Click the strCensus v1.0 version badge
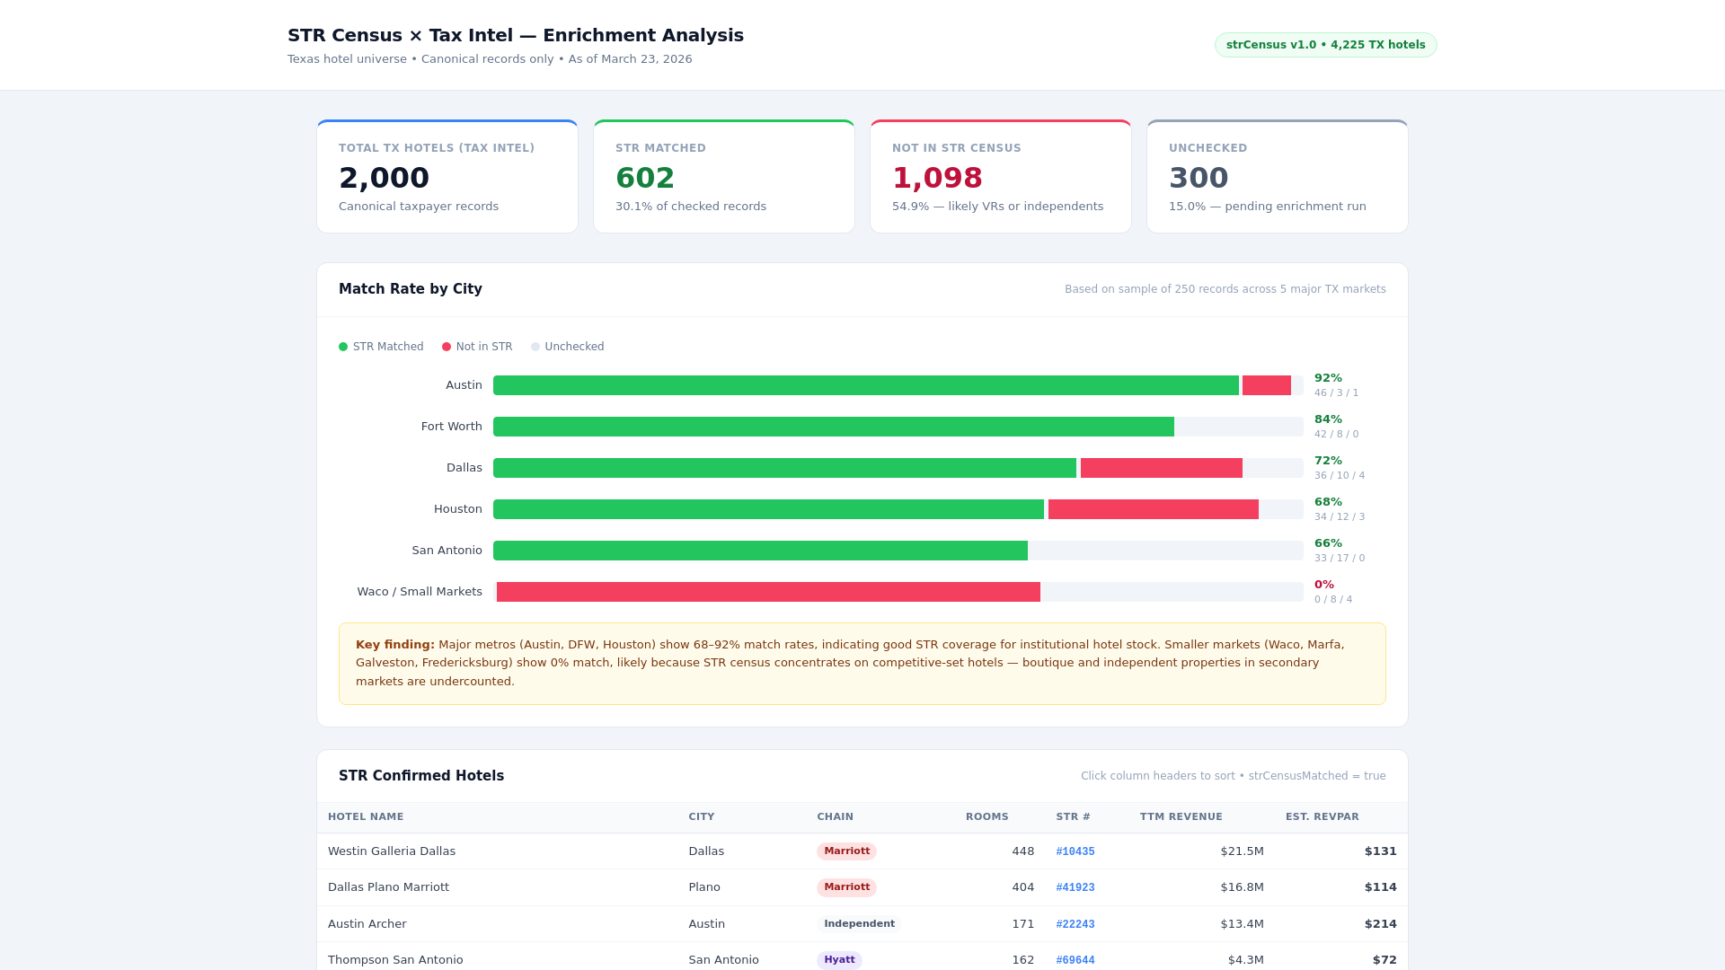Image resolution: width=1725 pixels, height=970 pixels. click(x=1325, y=45)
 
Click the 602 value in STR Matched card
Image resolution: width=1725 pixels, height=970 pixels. click(x=644, y=178)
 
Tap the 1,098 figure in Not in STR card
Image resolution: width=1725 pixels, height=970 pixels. click(x=937, y=178)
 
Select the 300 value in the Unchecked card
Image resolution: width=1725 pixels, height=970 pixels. click(x=1198, y=178)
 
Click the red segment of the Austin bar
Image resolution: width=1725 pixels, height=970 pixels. click(x=1266, y=385)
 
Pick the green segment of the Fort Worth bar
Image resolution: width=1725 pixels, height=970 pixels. click(x=833, y=427)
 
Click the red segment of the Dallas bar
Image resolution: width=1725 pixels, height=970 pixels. click(x=1161, y=468)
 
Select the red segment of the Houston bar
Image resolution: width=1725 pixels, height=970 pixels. click(x=1153, y=509)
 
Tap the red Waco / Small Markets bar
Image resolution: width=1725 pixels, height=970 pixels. click(x=768, y=592)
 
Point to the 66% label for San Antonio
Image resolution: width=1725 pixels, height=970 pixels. click(x=1328, y=543)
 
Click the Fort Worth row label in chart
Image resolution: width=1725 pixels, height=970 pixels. click(x=451, y=427)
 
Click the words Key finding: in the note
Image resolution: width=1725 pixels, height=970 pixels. click(x=394, y=645)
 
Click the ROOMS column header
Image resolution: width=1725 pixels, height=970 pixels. click(x=986, y=816)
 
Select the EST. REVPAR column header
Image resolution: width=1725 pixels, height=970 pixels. click(x=1322, y=816)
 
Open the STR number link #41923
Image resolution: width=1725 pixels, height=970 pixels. click(x=1075, y=887)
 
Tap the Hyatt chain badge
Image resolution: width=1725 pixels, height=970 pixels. click(x=839, y=959)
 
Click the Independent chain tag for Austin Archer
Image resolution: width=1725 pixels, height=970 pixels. click(x=859, y=923)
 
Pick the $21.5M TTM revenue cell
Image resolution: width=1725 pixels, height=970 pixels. click(x=1242, y=851)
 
